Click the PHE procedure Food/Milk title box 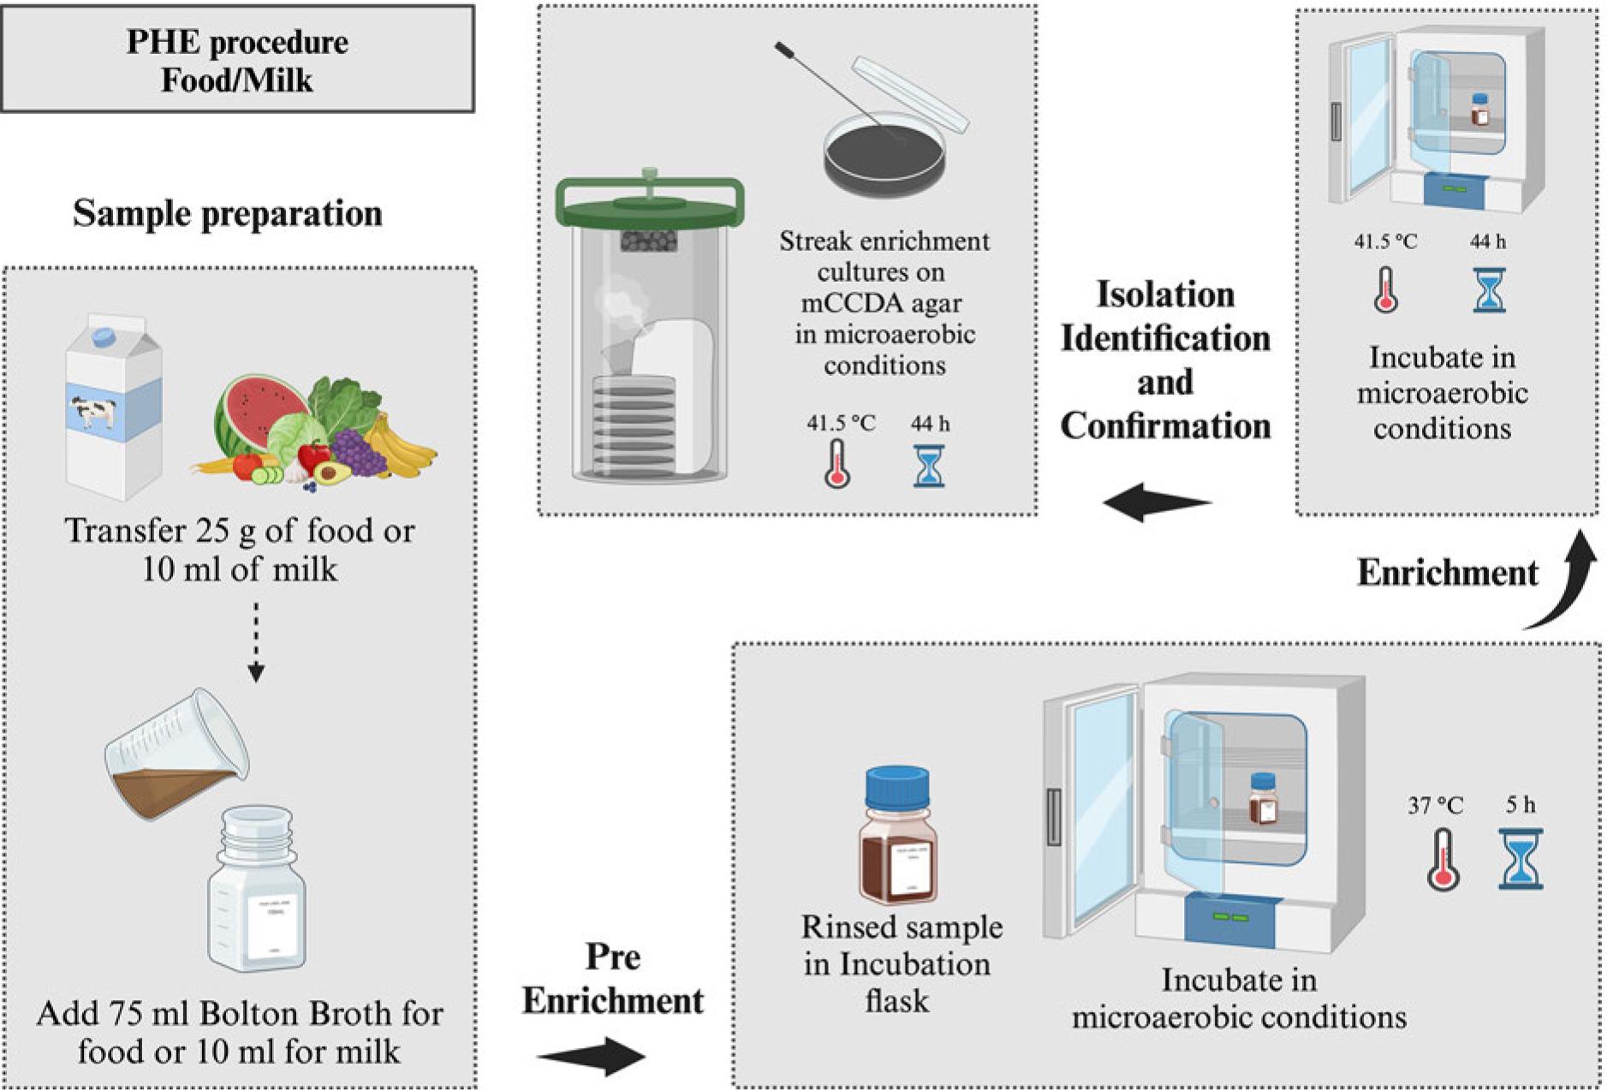pos(237,60)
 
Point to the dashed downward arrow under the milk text pos(256,642)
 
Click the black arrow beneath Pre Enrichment pos(591,1056)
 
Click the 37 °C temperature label pos(1436,806)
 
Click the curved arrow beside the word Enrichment pos(1567,582)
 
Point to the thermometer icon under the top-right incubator pos(1385,290)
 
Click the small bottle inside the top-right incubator pos(1480,110)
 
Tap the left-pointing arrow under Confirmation pos(1156,502)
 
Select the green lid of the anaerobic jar pos(649,202)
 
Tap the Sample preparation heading pos(228,214)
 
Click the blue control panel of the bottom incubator pos(1229,919)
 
